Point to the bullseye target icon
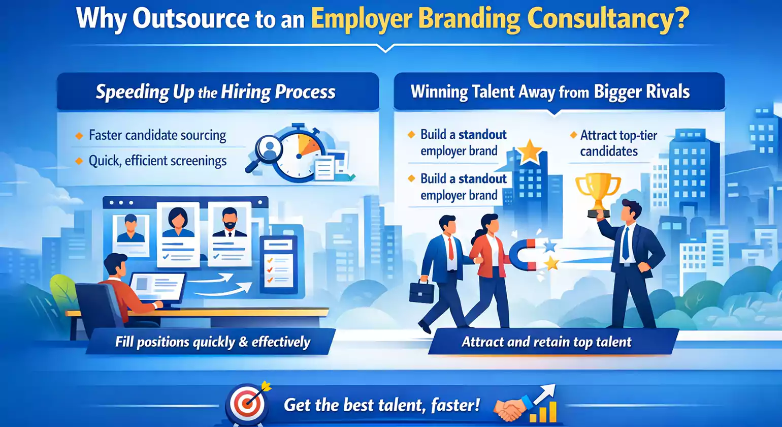(x=248, y=404)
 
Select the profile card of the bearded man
(x=229, y=233)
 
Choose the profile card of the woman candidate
(x=177, y=233)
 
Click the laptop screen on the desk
(x=157, y=288)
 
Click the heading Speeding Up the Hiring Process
(x=216, y=92)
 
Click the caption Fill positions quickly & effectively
(x=212, y=342)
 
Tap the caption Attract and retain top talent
(x=546, y=342)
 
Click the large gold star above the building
(x=530, y=151)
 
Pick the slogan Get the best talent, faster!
(x=381, y=405)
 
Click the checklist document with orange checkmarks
(x=277, y=264)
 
